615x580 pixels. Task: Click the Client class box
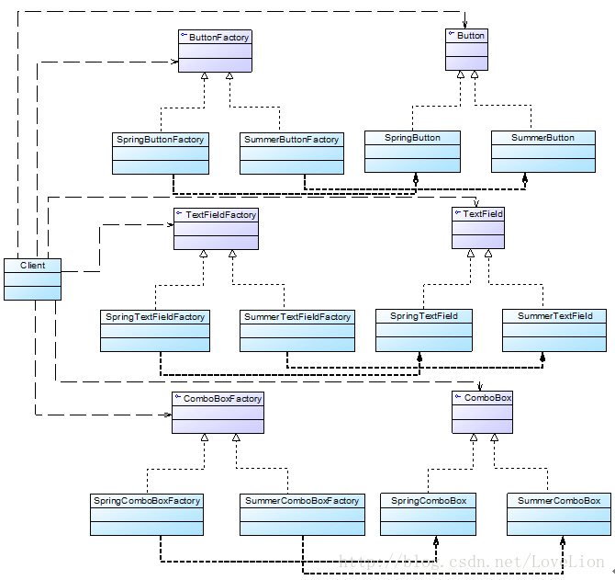click(32, 279)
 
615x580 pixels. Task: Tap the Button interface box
click(467, 50)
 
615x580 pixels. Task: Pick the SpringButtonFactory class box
click(161, 153)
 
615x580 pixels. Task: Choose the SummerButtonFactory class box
click(291, 153)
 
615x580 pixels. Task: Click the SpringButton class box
click(413, 151)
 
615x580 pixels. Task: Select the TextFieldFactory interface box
click(216, 228)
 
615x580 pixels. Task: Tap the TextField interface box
click(478, 227)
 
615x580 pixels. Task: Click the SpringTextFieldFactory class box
click(155, 330)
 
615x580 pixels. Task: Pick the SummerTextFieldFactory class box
click(296, 330)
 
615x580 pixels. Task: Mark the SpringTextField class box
click(423, 329)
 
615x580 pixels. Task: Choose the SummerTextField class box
click(554, 329)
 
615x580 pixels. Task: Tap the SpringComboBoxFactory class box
click(146, 515)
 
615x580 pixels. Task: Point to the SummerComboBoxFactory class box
click(301, 515)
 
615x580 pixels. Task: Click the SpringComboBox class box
click(429, 514)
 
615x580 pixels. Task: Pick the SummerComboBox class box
click(559, 514)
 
